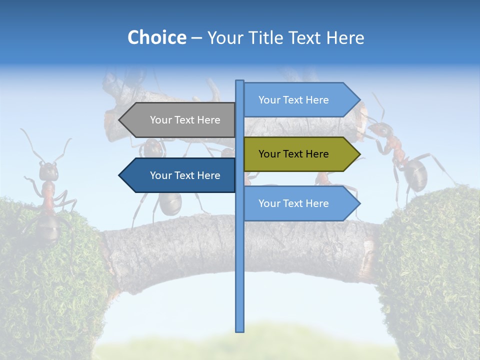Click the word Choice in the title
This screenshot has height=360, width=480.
[x=156, y=37]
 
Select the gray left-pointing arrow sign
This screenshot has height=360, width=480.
[x=180, y=120]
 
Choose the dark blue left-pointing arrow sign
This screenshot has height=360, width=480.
[x=180, y=175]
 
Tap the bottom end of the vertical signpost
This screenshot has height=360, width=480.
[x=239, y=330]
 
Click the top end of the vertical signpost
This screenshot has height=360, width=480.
[x=239, y=82]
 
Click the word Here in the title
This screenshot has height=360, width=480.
[x=345, y=37]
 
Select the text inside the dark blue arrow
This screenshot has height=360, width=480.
[x=185, y=175]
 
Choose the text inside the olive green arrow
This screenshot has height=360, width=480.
[x=293, y=154]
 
